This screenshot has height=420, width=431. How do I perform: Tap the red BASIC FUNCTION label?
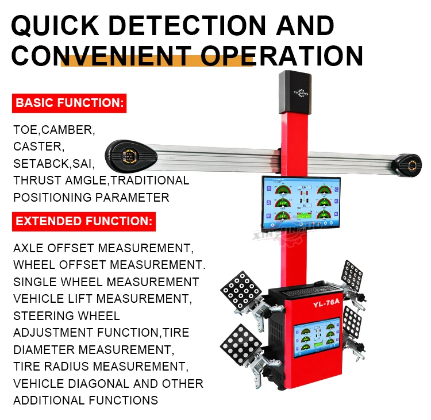69,104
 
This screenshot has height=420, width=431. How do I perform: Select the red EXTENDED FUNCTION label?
83,221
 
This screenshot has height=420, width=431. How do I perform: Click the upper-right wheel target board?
352,277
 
